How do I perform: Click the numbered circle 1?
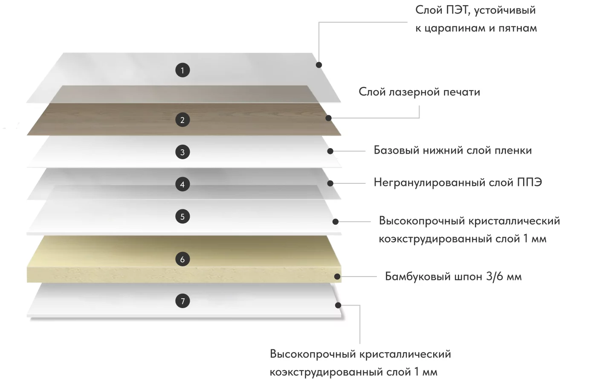pyautogui.click(x=182, y=70)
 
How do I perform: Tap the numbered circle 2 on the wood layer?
pyautogui.click(x=182, y=120)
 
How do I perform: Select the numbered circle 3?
pyautogui.click(x=182, y=152)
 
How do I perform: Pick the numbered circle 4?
pyautogui.click(x=182, y=184)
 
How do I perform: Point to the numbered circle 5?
pyautogui.click(x=182, y=217)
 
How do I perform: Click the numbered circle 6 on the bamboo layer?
pyautogui.click(x=182, y=259)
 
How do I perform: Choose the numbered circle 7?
pyautogui.click(x=182, y=301)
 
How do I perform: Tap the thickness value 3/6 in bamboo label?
pyautogui.click(x=495, y=277)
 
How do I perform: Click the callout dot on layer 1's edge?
pyautogui.click(x=319, y=65)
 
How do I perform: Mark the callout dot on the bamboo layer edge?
pyautogui.click(x=338, y=277)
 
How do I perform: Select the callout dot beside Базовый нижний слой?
pyautogui.click(x=330, y=151)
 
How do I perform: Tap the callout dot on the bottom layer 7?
pyautogui.click(x=338, y=305)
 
